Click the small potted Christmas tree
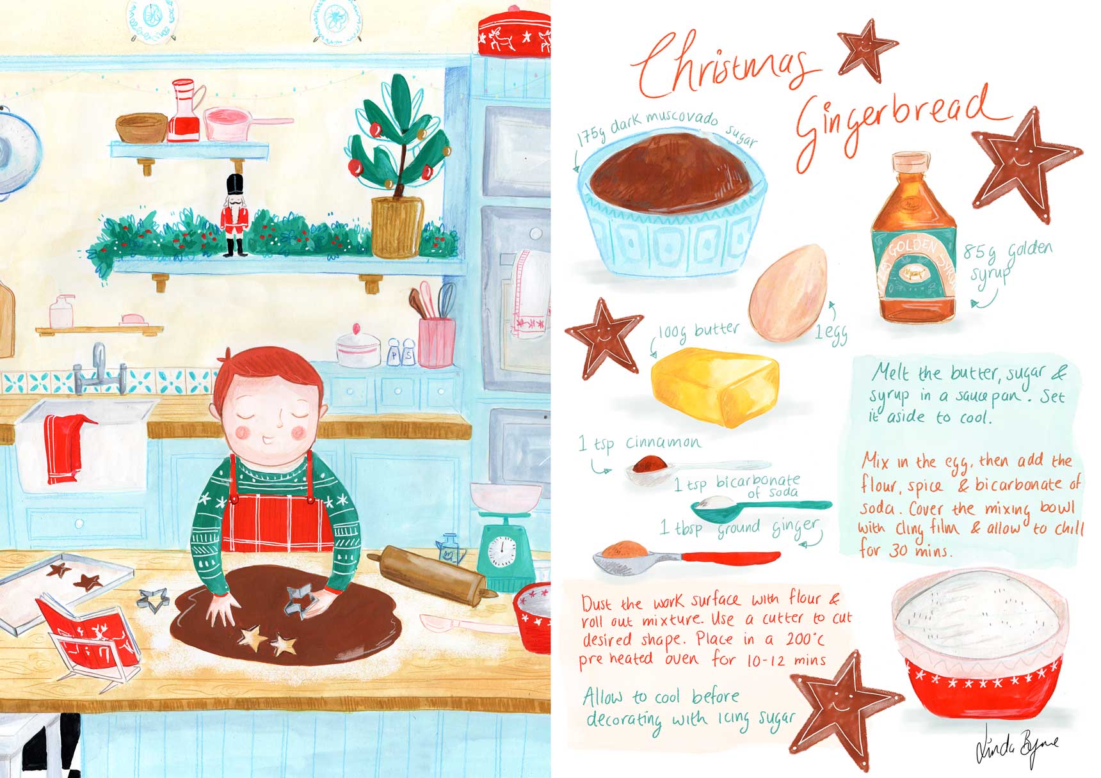(392, 166)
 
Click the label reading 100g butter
(699, 331)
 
